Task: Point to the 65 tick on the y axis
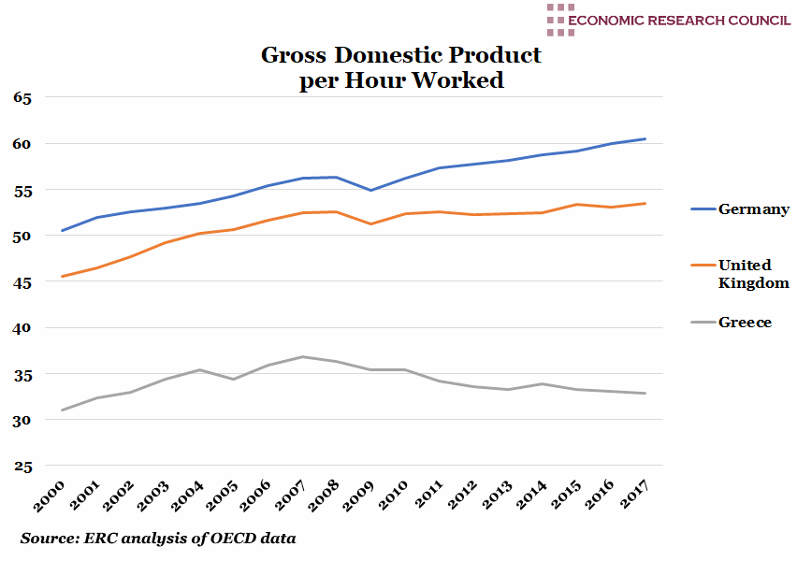pyautogui.click(x=22, y=97)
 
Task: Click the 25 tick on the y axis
pyautogui.click(x=22, y=467)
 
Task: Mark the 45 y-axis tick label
pyautogui.click(x=22, y=282)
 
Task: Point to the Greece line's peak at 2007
pyautogui.click(x=302, y=356)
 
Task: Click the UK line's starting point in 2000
pyautogui.click(x=62, y=277)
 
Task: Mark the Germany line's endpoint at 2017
pyautogui.click(x=645, y=138)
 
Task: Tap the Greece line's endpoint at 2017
pyautogui.click(x=645, y=394)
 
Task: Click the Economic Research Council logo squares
pyautogui.click(x=560, y=20)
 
